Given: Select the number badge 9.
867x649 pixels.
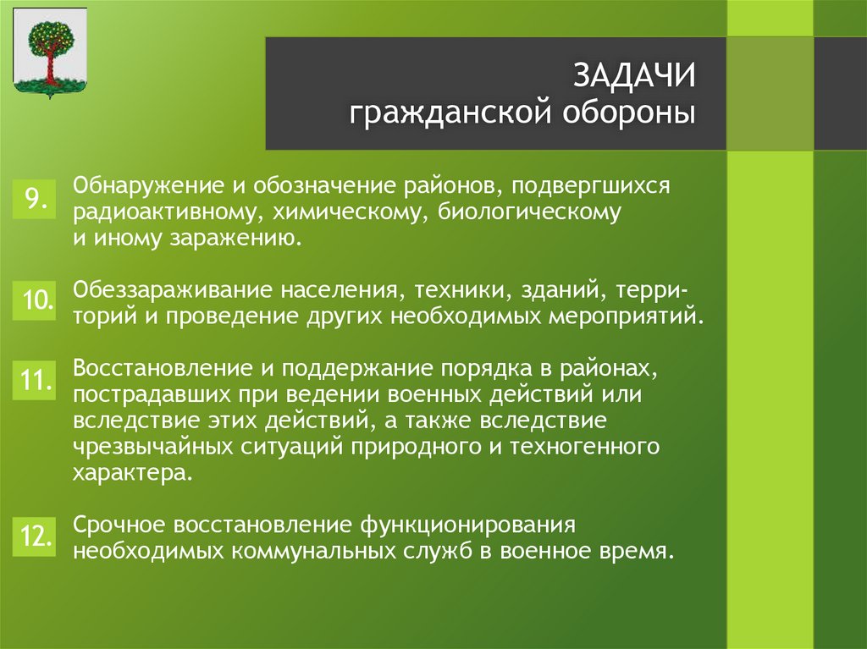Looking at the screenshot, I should click(35, 199).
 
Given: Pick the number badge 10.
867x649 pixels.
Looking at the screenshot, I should click(35, 300).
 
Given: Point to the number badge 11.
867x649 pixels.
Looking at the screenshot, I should click(35, 381).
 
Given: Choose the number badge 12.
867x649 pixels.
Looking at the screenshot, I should click(35, 536).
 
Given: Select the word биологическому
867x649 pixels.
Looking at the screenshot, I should click(529, 212).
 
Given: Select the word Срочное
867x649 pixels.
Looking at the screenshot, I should click(118, 525).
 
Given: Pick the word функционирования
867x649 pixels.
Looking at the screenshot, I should click(470, 525).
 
